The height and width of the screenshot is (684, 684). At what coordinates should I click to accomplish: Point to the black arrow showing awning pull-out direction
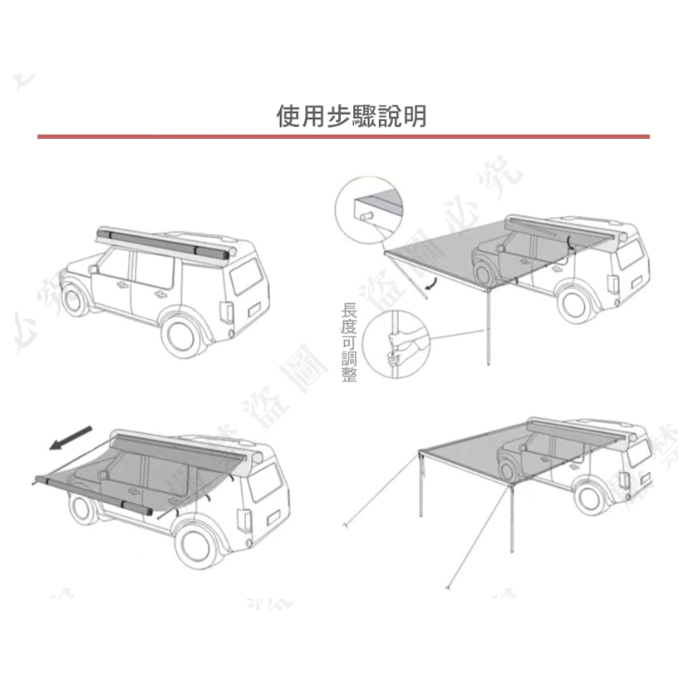70,438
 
